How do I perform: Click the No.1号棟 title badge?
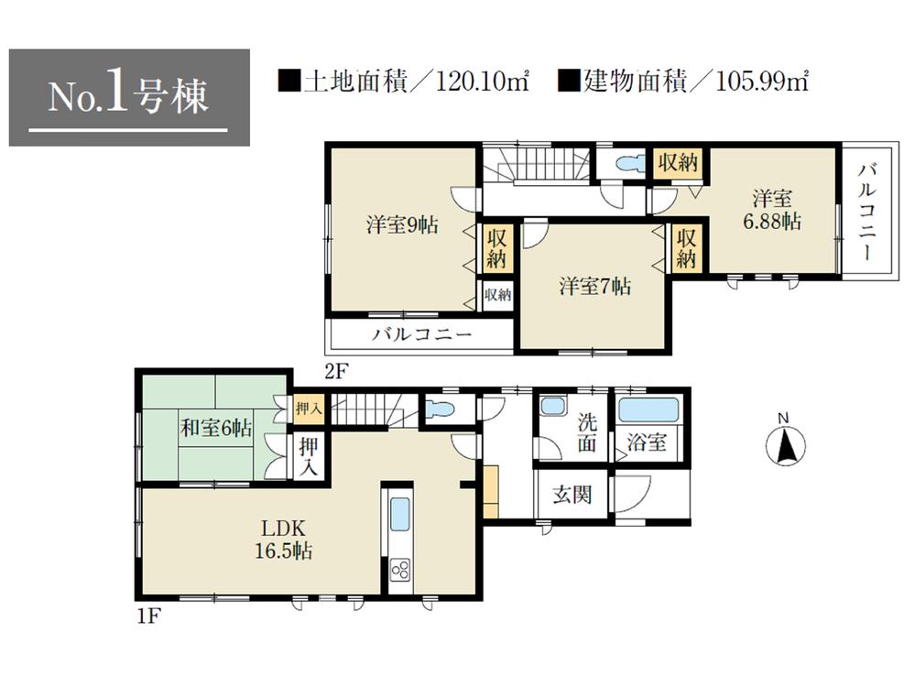click(x=128, y=97)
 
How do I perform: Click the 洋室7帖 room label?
click(x=594, y=286)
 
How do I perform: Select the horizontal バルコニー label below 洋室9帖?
click(x=421, y=335)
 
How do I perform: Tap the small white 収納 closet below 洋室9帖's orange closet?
click(x=497, y=295)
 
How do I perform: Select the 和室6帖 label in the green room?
click(x=215, y=428)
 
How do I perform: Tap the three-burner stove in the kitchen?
click(x=401, y=571)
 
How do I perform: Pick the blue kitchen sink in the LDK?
click(x=400, y=515)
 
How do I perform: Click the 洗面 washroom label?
click(x=588, y=434)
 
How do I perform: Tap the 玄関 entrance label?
click(x=572, y=496)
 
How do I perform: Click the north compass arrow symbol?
click(x=785, y=447)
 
